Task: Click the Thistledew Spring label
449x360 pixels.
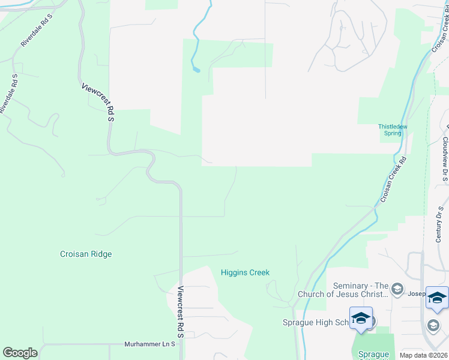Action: coord(393,130)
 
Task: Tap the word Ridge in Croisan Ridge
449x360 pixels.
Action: coord(100,254)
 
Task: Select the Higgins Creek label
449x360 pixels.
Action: coord(245,272)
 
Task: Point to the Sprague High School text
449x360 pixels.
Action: coord(315,322)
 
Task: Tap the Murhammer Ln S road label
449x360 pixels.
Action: coord(149,344)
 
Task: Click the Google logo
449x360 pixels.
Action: coord(20,353)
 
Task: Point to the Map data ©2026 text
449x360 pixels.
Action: coord(424,355)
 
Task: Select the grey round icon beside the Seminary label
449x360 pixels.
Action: coord(396,290)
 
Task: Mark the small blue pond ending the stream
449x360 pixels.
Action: coord(196,70)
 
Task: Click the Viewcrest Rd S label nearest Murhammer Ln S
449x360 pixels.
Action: coord(179,311)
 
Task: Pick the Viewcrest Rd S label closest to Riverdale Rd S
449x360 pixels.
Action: coord(98,103)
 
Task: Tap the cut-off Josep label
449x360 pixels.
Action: coord(415,294)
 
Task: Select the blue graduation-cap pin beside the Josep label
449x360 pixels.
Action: coord(437,298)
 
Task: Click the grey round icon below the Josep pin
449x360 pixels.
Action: coord(433,325)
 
